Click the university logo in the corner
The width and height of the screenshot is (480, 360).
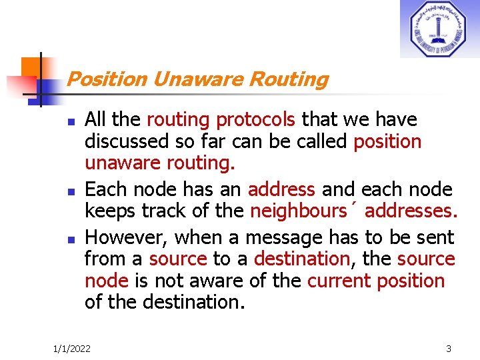tap(439, 29)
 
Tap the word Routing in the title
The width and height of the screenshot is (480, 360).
tap(289, 79)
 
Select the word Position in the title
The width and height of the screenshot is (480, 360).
tap(107, 79)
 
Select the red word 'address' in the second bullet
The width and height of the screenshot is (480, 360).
tap(281, 190)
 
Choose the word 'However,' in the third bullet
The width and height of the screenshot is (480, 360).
tap(127, 237)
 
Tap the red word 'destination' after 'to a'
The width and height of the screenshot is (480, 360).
tap(302, 259)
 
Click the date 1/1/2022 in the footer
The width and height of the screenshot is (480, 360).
tap(72, 349)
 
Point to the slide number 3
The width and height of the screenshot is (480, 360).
tap(449, 349)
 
